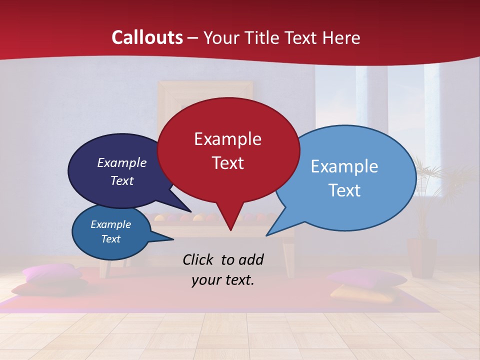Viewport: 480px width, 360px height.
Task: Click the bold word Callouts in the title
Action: click(x=147, y=37)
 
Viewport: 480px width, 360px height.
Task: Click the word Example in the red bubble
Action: click(x=227, y=139)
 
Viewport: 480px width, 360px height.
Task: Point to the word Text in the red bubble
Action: click(x=227, y=163)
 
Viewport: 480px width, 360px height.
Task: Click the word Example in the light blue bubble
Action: click(x=344, y=166)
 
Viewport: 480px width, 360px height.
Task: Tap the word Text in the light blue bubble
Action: click(x=344, y=190)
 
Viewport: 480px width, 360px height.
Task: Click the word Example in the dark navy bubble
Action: click(x=121, y=163)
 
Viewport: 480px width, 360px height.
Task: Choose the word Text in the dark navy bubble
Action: click(x=121, y=181)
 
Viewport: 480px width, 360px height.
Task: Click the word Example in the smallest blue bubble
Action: click(x=110, y=224)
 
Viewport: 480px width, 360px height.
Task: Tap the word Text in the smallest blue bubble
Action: click(x=110, y=239)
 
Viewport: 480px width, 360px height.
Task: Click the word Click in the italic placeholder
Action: click(x=199, y=259)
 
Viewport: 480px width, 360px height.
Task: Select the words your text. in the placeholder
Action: click(x=222, y=280)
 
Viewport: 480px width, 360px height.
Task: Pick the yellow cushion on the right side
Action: click(x=352, y=293)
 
